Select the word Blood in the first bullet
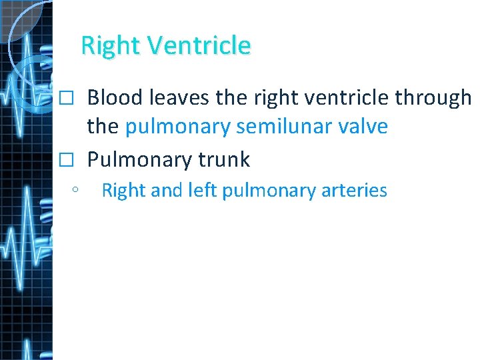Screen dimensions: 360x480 tap(116, 98)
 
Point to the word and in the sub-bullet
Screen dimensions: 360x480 tap(167, 191)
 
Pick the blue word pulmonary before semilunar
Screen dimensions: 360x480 tap(178, 127)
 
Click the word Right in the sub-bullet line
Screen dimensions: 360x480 tap(123, 191)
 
